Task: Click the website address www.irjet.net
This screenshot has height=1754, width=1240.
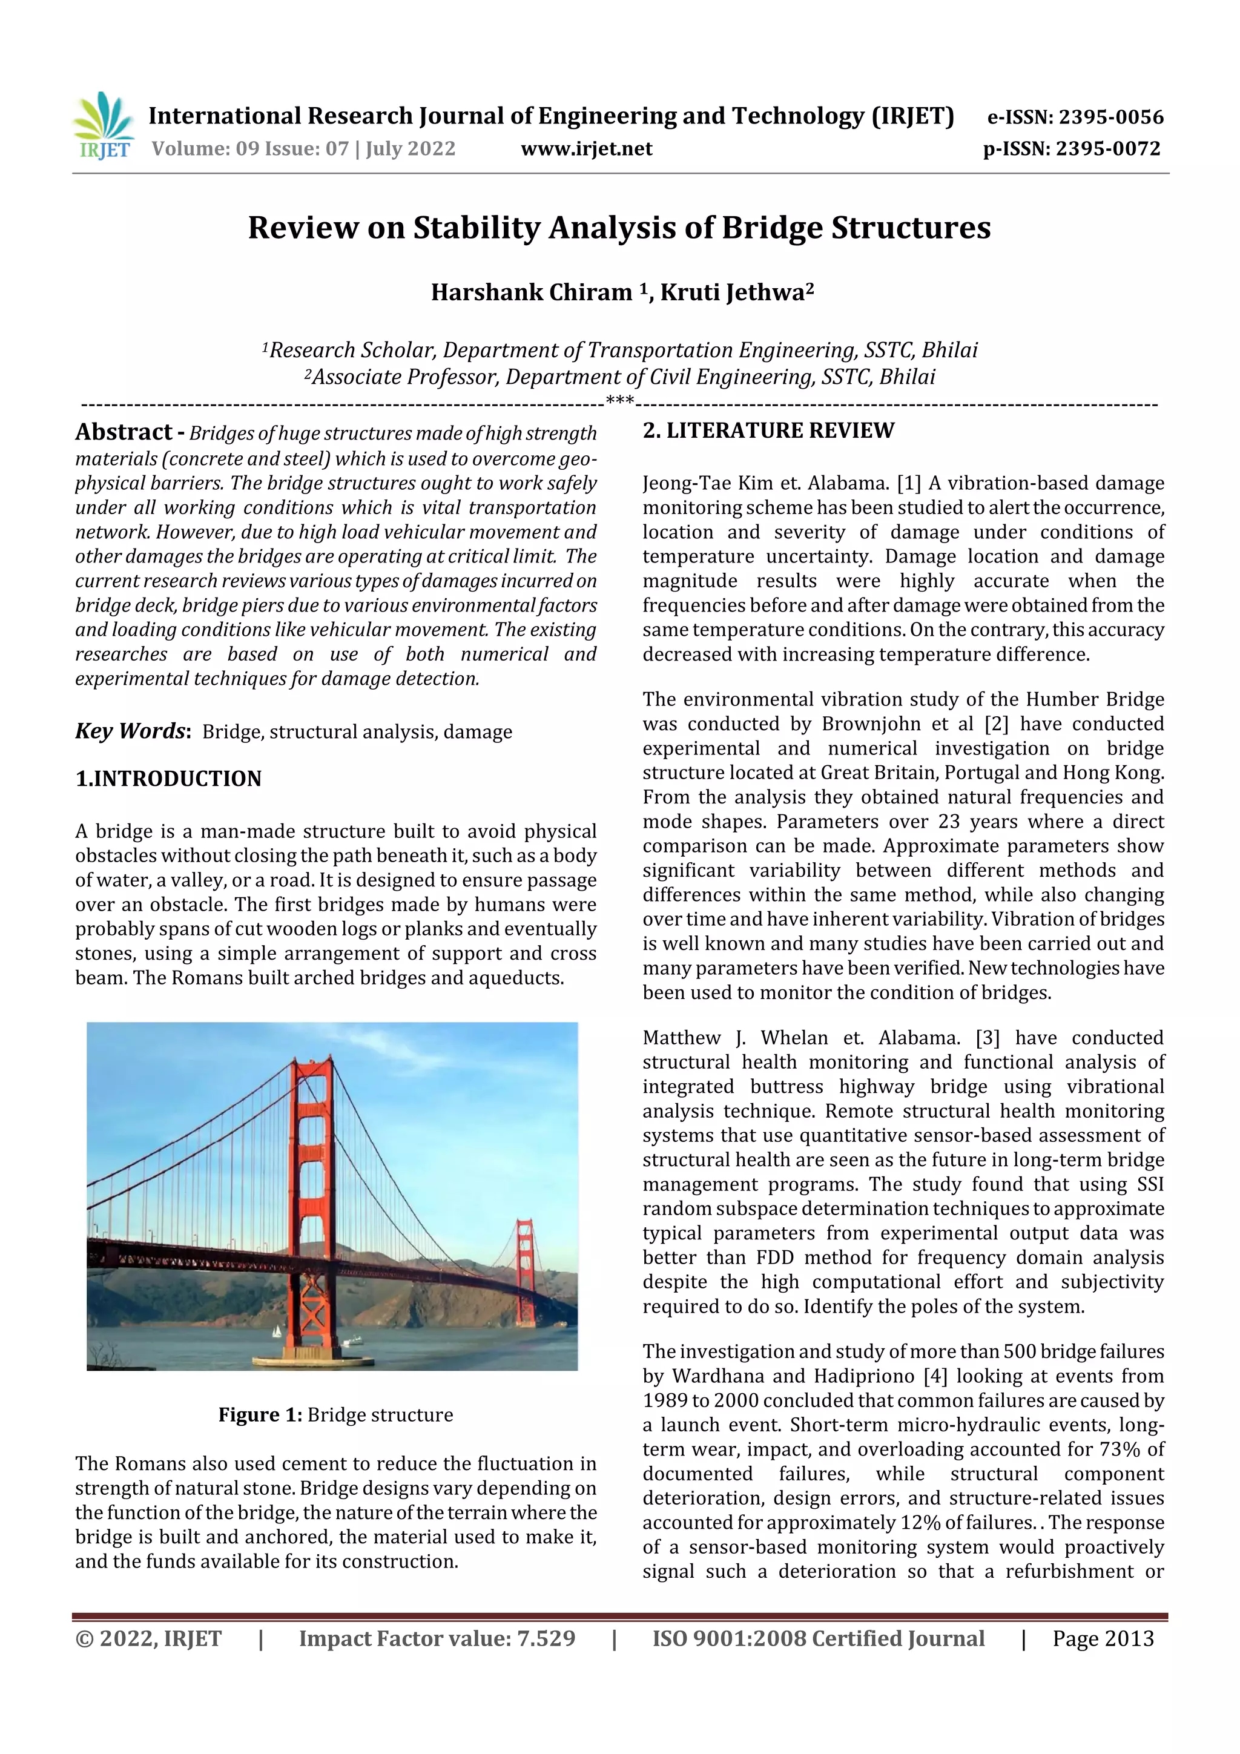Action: point(586,149)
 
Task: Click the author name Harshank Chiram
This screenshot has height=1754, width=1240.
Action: point(531,292)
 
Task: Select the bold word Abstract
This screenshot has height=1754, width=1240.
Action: point(124,432)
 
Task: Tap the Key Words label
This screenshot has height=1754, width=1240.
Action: point(131,731)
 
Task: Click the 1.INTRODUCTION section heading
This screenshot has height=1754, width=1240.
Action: point(168,779)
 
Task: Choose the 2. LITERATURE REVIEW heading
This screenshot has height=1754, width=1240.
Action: point(768,431)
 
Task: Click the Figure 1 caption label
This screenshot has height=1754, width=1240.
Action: point(260,1415)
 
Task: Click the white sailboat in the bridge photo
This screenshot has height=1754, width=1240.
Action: point(277,1331)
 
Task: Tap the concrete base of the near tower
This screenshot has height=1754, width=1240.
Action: point(313,1360)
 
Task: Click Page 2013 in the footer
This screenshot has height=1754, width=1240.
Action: point(1103,1638)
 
